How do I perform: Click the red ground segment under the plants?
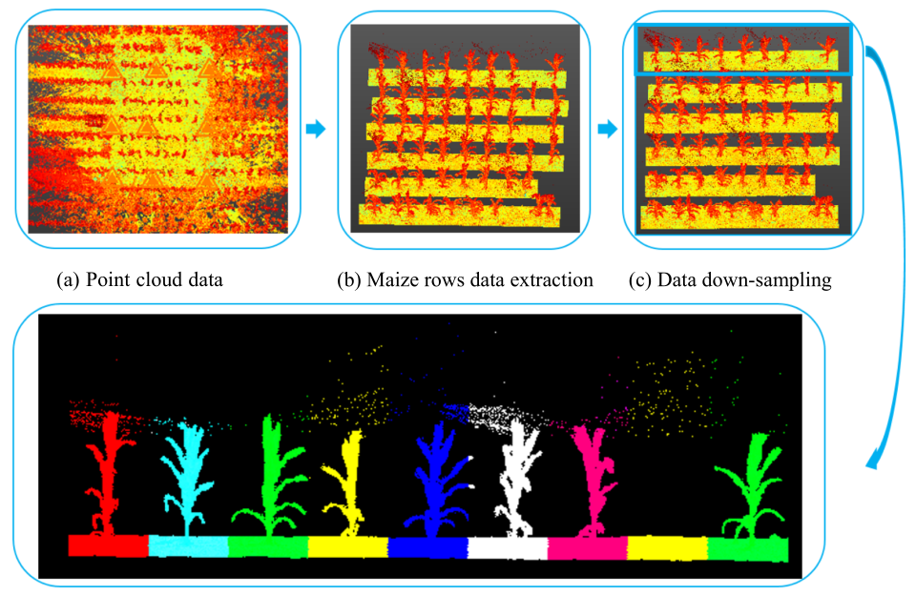pyautogui.click(x=108, y=545)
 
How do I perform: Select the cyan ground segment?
pyautogui.click(x=189, y=545)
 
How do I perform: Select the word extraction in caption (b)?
pyautogui.click(x=554, y=280)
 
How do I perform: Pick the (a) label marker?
pyautogui.click(x=68, y=280)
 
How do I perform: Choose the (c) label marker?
pyautogui.click(x=642, y=280)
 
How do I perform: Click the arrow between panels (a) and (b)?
pyautogui.click(x=317, y=130)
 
